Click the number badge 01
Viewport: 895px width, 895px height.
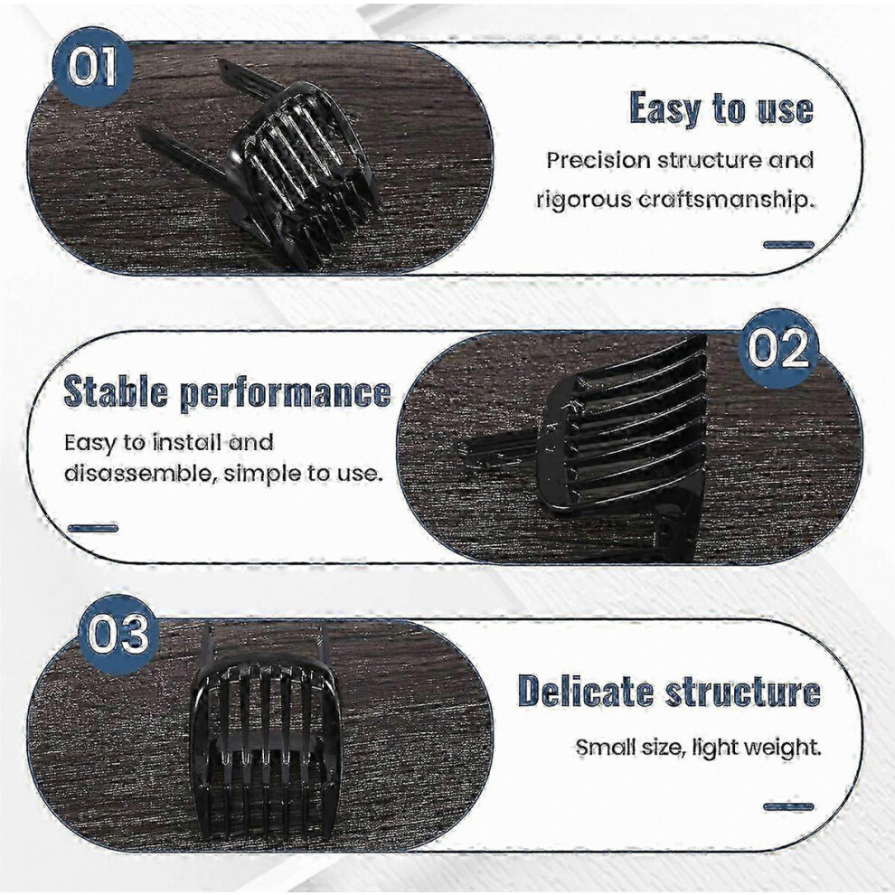[93, 67]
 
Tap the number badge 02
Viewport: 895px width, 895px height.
[778, 349]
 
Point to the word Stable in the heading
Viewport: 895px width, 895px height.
[116, 391]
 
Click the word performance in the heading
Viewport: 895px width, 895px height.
[286, 394]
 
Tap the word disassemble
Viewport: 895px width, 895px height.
[137, 473]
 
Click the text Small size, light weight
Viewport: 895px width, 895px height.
[698, 747]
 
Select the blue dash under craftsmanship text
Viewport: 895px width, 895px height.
[789, 245]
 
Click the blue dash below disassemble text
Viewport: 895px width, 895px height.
[93, 529]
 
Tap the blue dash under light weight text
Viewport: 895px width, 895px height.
[789, 806]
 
